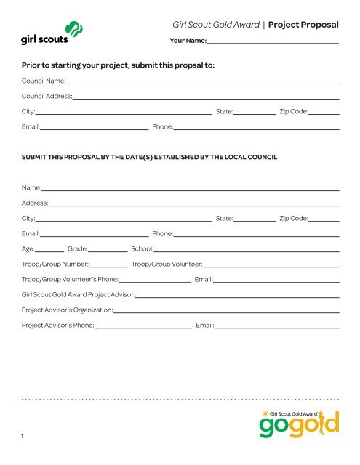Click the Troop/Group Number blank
pos(108,266)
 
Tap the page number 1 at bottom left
pos(23,436)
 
